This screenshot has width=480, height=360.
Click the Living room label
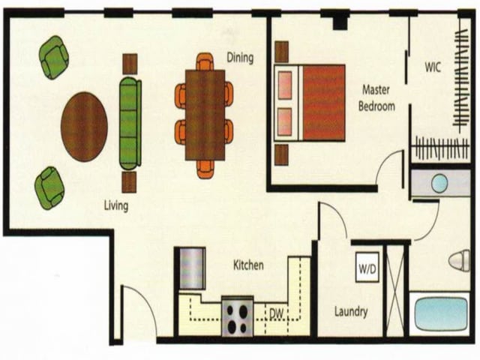click(116, 205)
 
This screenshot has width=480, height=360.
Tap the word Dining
click(240, 58)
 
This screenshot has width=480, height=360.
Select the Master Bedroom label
click(376, 97)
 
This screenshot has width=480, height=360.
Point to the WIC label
click(432, 67)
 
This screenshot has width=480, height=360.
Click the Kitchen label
click(248, 265)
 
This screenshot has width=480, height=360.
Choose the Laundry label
click(350, 311)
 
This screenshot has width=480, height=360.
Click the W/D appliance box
click(367, 268)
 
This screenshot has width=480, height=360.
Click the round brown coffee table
click(84, 126)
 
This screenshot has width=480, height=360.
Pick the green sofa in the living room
click(130, 123)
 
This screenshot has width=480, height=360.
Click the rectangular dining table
click(205, 115)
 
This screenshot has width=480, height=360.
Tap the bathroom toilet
click(459, 261)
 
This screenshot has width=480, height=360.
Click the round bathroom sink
click(439, 183)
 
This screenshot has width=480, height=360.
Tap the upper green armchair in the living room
click(54, 57)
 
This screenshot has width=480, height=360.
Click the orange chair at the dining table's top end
click(205, 61)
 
